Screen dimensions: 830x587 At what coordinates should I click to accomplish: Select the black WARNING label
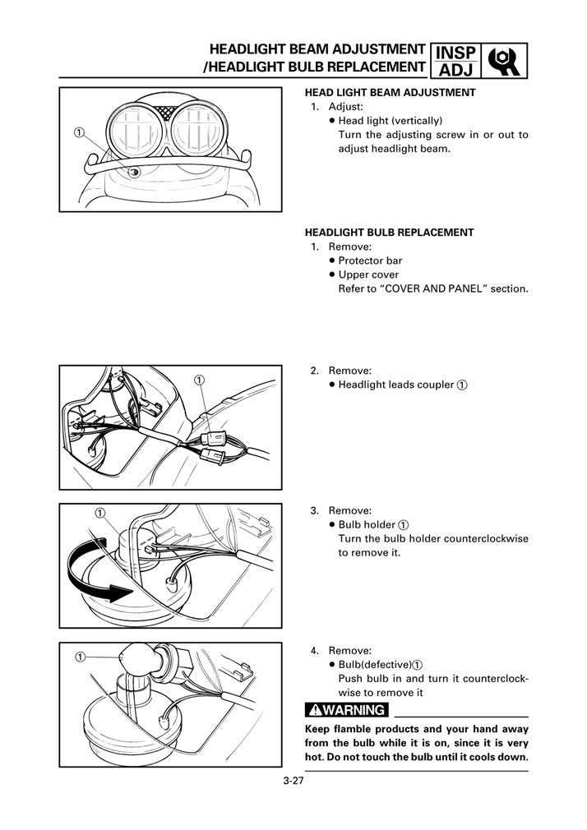click(x=345, y=710)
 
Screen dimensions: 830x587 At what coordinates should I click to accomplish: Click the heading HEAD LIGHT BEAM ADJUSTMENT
click(x=390, y=93)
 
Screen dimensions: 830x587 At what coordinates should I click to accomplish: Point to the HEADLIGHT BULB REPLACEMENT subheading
click(x=389, y=233)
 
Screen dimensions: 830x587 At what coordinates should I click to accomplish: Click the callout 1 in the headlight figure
click(x=78, y=133)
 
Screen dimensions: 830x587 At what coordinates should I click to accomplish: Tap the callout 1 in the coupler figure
click(x=200, y=379)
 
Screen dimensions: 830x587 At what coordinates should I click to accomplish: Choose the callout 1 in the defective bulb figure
click(x=80, y=657)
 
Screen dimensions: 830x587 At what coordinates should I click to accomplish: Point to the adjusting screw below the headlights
click(x=136, y=173)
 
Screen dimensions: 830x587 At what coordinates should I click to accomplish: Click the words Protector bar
click(x=370, y=261)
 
